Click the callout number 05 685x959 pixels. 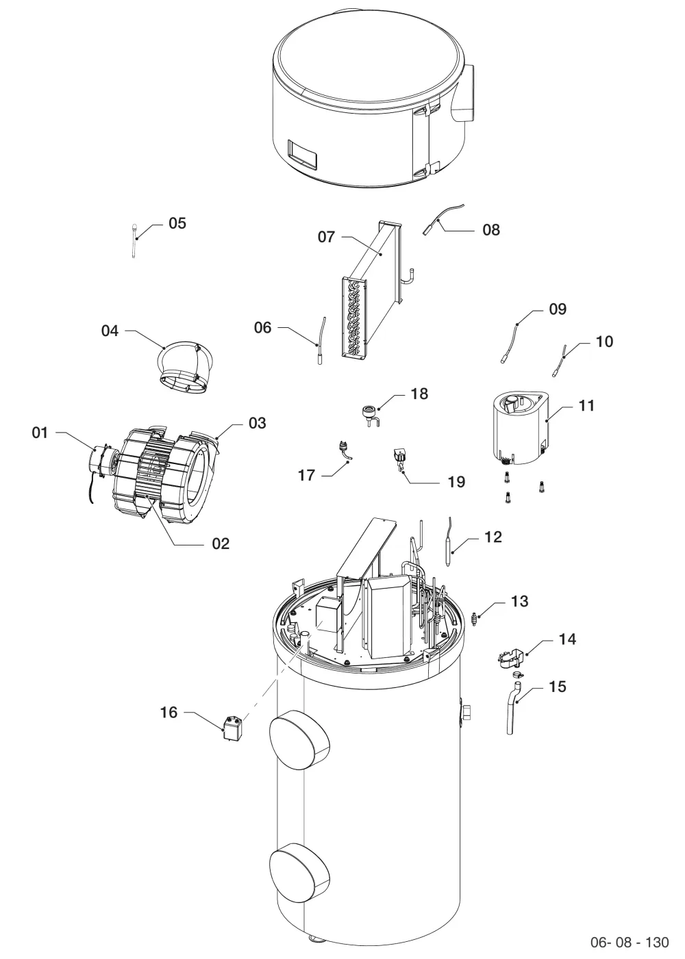coord(177,223)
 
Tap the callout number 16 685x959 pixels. coord(169,713)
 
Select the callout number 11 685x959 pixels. coord(586,405)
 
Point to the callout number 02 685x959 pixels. coord(221,544)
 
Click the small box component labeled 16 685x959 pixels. coord(233,728)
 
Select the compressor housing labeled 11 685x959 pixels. coord(519,427)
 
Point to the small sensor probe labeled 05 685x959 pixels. coord(135,241)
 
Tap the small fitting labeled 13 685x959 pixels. coord(474,619)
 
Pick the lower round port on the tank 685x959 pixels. coord(299,875)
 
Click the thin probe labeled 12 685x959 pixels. coord(449,542)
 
